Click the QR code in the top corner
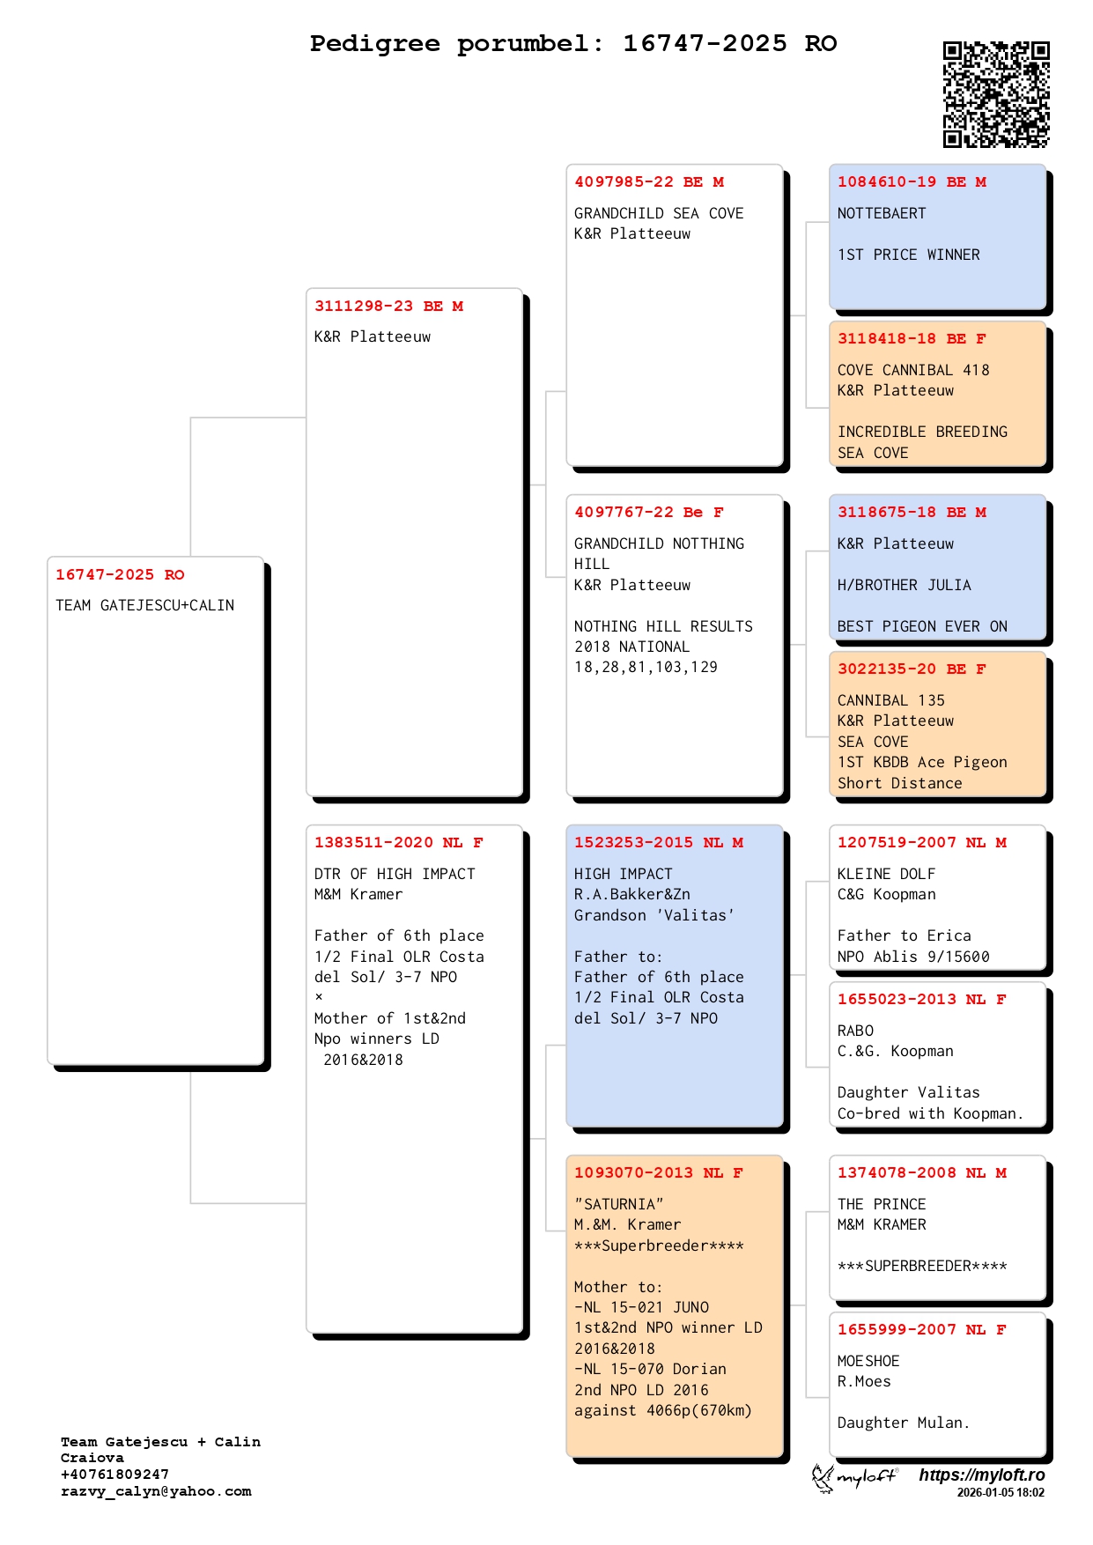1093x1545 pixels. click(996, 94)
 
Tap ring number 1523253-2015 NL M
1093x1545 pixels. click(658, 843)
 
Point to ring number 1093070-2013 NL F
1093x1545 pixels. click(658, 1173)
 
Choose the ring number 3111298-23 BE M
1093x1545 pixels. click(388, 307)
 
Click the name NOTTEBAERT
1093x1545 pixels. click(882, 214)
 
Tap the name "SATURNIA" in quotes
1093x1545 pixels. click(618, 1204)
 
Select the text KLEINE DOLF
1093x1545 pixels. click(886, 874)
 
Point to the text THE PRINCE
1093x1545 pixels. click(882, 1204)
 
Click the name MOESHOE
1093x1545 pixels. click(868, 1361)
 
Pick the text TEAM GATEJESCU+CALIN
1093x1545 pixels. click(144, 606)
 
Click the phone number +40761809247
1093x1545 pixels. click(114, 1475)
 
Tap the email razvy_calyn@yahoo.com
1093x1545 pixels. click(156, 1491)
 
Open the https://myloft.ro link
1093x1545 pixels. click(981, 1475)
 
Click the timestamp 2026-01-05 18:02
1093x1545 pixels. click(1001, 1493)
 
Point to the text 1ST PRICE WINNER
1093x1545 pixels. click(908, 255)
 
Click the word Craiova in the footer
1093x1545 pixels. click(92, 1458)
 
